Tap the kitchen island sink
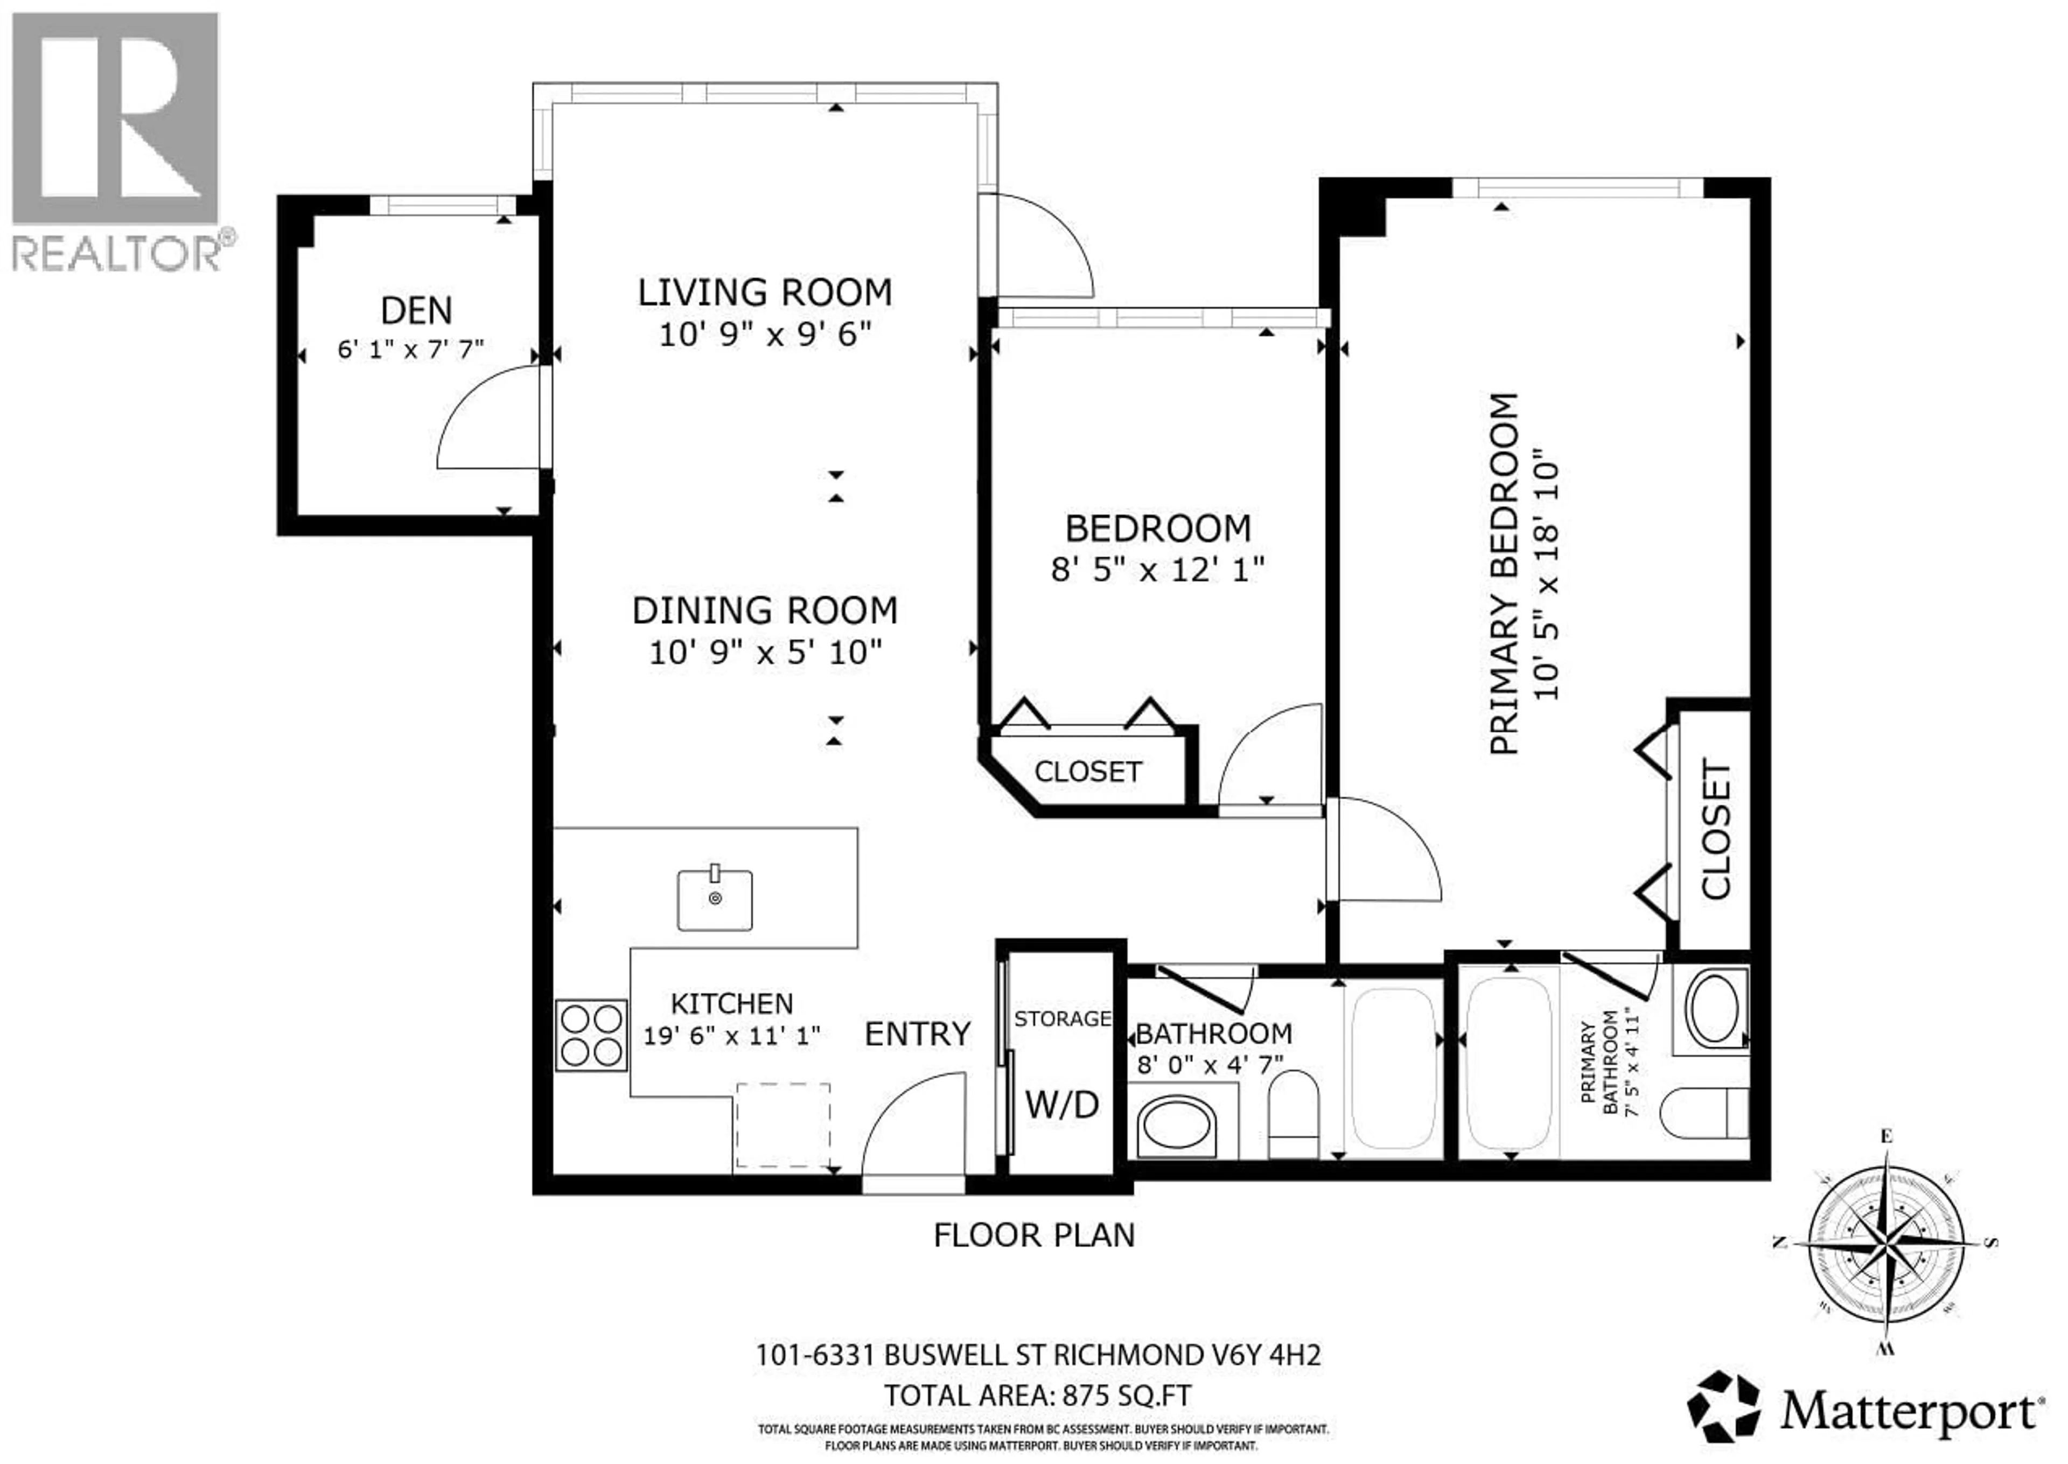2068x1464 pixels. tap(715, 900)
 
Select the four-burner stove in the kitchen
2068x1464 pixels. tap(591, 1035)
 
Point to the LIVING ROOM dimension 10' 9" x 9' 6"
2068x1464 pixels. tap(765, 335)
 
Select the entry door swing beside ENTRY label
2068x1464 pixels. tap(912, 1127)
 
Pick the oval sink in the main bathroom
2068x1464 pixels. tap(1176, 1126)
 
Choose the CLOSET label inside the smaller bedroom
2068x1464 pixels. tap(1088, 772)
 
